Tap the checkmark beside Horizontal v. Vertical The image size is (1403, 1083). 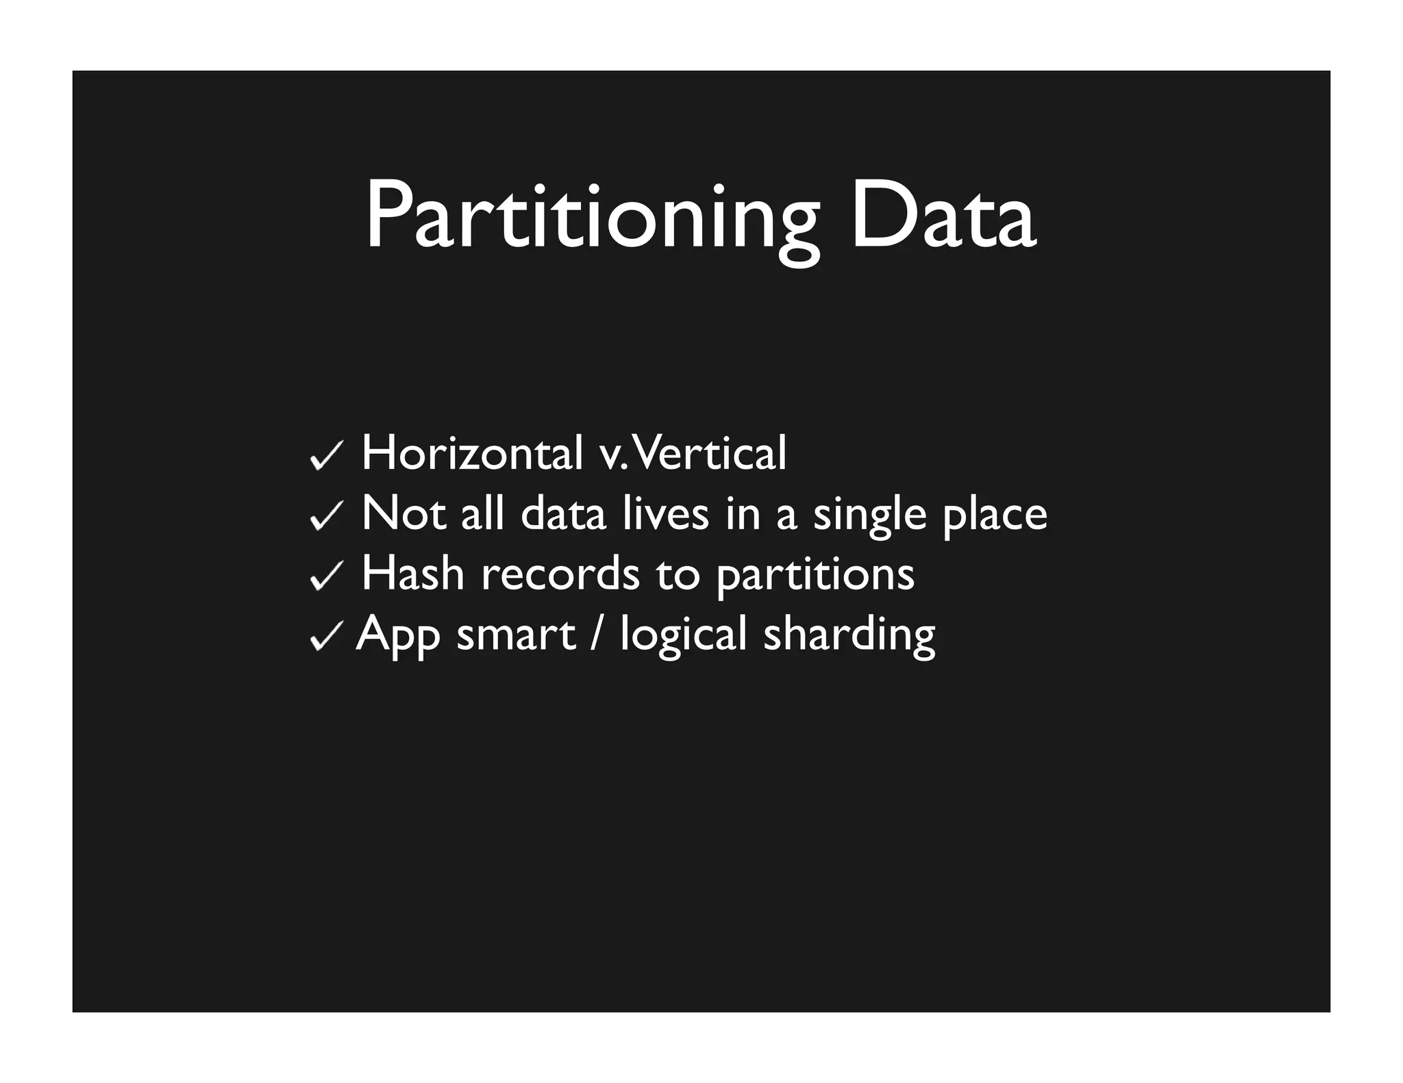click(x=326, y=455)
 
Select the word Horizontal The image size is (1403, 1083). click(x=472, y=453)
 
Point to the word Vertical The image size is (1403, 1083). click(x=712, y=453)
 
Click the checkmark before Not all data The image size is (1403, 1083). click(x=326, y=515)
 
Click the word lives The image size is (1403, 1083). click(x=665, y=513)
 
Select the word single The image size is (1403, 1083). click(x=869, y=515)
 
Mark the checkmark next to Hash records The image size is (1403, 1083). click(x=326, y=575)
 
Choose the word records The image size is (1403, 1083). click(x=560, y=573)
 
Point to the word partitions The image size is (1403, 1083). click(x=815, y=575)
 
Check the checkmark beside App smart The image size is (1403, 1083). click(x=326, y=637)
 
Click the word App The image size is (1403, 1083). click(x=398, y=635)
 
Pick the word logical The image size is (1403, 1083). click(x=683, y=635)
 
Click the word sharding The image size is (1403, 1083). click(x=849, y=635)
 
